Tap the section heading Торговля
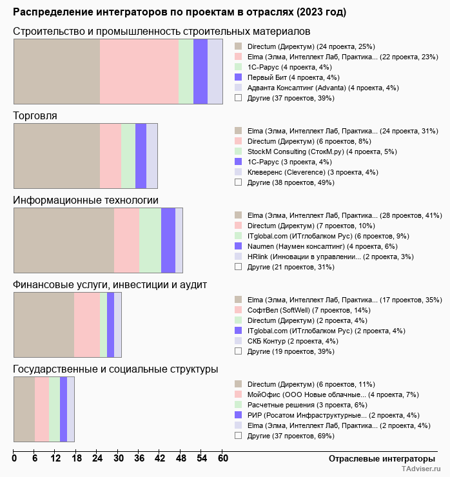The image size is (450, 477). tap(35, 116)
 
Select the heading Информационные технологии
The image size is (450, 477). tap(86, 200)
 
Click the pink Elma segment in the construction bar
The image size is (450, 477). tap(139, 71)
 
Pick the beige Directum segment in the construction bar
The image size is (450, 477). tap(57, 71)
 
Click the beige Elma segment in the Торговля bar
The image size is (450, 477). tap(57, 155)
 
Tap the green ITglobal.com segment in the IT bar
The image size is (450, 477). tap(150, 240)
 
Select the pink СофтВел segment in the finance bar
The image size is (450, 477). tap(87, 324)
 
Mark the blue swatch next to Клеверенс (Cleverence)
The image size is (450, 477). tap(239, 172)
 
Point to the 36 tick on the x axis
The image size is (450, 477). tap(139, 458)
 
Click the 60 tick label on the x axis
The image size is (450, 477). tap(222, 458)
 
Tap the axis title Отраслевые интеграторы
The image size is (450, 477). tap(378, 458)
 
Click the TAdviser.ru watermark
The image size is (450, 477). tap(422, 470)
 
